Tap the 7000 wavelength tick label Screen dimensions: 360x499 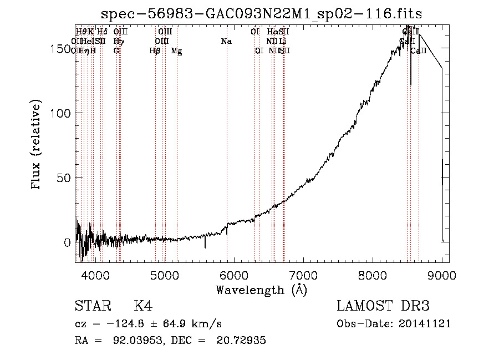[x=303, y=275]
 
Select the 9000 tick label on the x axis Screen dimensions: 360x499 [x=442, y=275]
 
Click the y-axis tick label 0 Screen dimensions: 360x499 [x=68, y=242]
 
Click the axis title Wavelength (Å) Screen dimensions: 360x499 [x=261, y=290]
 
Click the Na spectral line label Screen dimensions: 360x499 [x=226, y=41]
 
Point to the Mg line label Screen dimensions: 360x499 [x=176, y=51]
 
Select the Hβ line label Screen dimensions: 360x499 [x=155, y=51]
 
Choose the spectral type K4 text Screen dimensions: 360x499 [x=143, y=306]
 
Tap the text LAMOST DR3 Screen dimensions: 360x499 [x=383, y=306]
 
